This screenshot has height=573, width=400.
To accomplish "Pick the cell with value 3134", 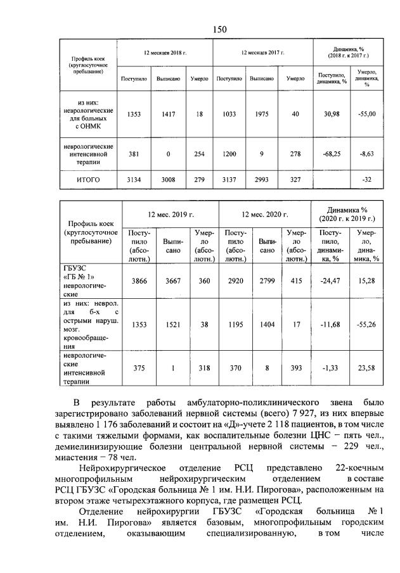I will [x=134, y=180].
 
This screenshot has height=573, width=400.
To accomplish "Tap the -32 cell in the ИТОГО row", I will [x=366, y=180].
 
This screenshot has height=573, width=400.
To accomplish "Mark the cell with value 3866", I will [x=138, y=280].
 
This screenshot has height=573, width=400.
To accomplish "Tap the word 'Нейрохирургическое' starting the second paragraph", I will [x=120, y=468].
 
